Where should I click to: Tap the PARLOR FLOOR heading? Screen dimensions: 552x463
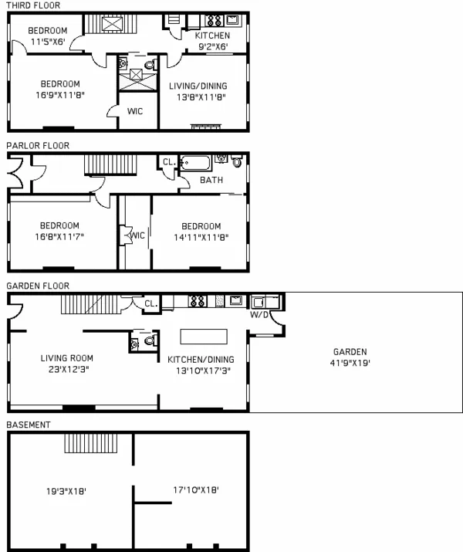(38, 145)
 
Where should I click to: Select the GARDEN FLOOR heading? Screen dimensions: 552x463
(38, 286)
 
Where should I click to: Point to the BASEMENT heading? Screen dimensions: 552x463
(28, 425)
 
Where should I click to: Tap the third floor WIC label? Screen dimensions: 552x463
(135, 112)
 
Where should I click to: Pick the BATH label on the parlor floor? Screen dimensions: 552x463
(211, 181)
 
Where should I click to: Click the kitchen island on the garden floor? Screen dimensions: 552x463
(204, 337)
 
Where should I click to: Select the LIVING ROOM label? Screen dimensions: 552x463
(67, 357)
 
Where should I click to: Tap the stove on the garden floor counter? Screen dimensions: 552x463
(197, 301)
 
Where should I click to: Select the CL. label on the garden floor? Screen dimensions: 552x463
(151, 304)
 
